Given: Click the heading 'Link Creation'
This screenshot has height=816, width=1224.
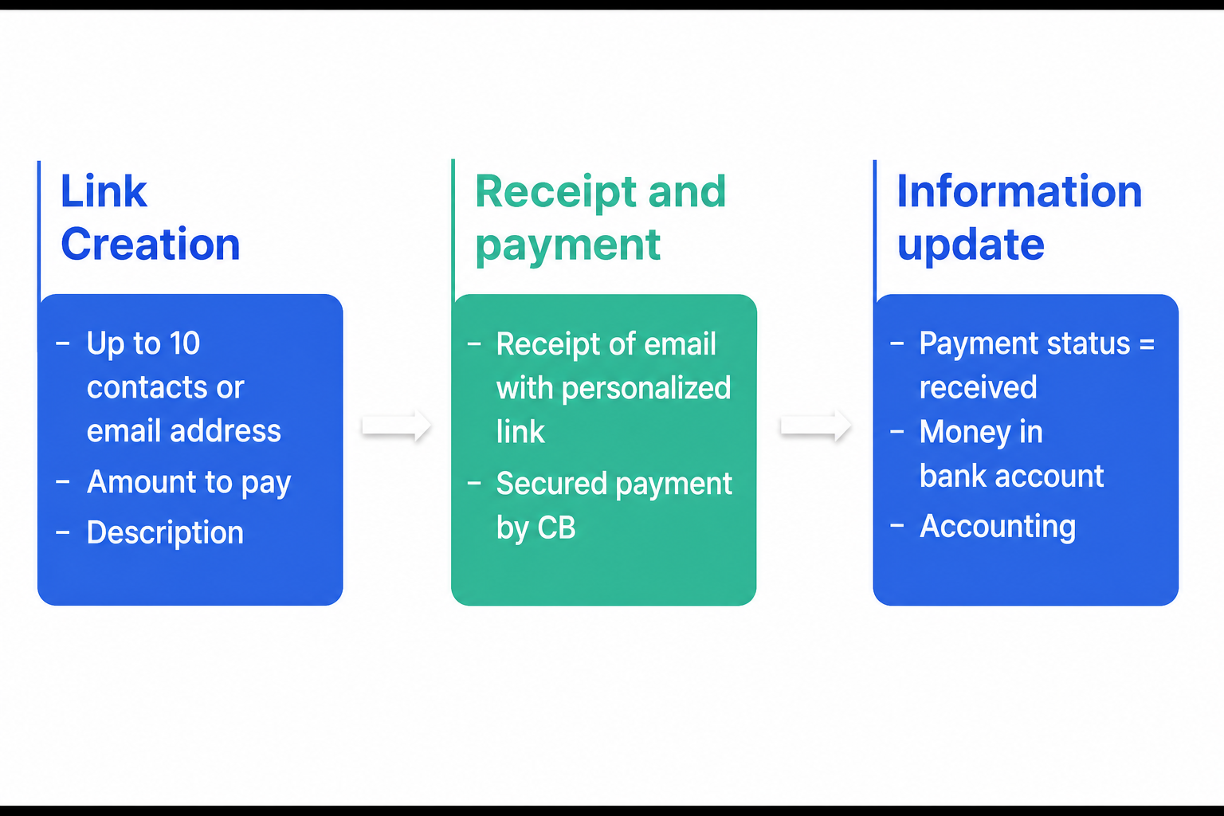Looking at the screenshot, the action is [151, 217].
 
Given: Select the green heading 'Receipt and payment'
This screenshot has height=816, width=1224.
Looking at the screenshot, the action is [601, 218].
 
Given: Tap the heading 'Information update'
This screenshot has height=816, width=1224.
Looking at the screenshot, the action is [1020, 217].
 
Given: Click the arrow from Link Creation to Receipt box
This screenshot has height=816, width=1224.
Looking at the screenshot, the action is [397, 426].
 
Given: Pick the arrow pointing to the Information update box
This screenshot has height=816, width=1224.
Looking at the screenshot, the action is [816, 426].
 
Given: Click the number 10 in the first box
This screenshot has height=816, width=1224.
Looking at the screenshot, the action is [185, 343].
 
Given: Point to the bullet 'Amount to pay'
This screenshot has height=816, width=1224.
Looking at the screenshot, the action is [189, 483].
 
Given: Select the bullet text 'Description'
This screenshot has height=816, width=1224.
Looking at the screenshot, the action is [165, 532].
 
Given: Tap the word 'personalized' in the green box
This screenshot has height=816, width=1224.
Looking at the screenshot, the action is [646, 389].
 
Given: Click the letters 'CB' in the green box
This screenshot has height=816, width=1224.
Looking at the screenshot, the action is [556, 528].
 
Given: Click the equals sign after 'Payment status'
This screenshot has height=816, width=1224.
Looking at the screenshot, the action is [1147, 344].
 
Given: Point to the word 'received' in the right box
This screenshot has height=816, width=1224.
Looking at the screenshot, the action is [978, 387].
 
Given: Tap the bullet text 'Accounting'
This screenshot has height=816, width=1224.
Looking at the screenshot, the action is [998, 527].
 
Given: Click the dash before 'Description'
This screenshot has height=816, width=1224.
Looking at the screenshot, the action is [63, 532].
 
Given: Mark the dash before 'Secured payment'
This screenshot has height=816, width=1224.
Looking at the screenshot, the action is [474, 484].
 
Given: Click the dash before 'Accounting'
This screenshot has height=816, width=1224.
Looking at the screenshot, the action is [897, 526].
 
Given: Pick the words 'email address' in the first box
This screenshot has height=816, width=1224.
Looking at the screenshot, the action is [183, 431].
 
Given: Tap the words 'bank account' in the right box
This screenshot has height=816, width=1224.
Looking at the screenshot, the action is [1011, 476].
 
